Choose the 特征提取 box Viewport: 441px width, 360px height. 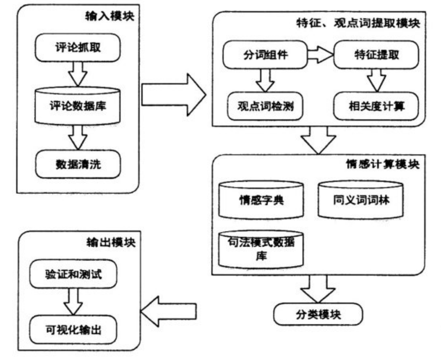click(x=376, y=55)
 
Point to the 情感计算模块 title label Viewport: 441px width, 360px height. click(x=381, y=163)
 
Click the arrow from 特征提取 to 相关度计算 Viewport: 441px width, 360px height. click(x=376, y=80)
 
